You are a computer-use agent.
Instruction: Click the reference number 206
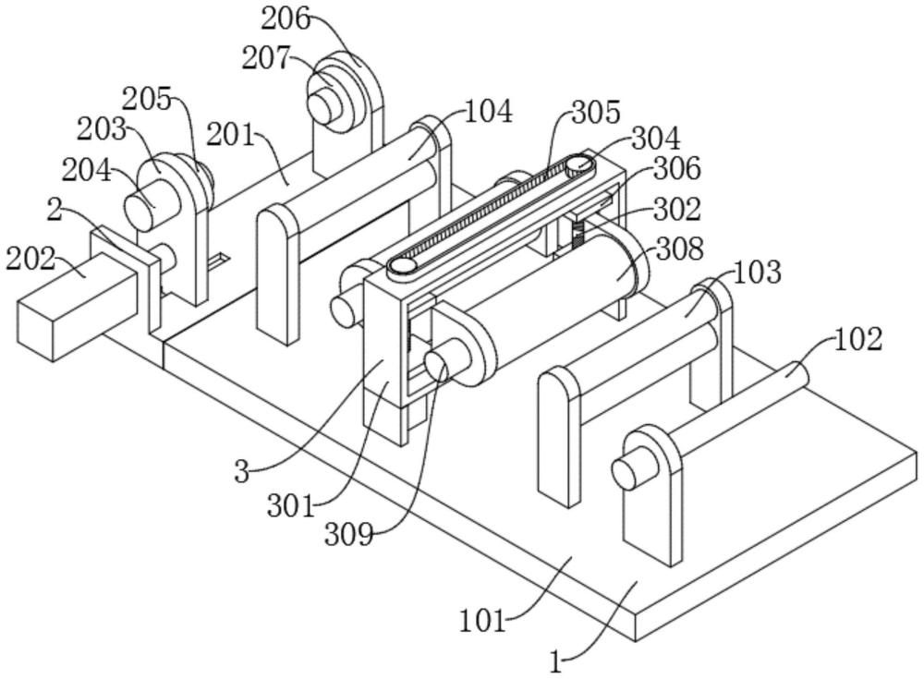[286, 19]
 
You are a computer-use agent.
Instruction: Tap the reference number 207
[265, 59]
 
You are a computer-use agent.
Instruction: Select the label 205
[147, 100]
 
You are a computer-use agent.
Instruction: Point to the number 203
[102, 129]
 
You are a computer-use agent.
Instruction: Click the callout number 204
[86, 172]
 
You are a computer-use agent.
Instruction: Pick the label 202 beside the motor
[30, 259]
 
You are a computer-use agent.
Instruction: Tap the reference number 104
[489, 112]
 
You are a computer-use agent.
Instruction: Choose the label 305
[596, 112]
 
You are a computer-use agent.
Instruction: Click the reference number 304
[656, 139]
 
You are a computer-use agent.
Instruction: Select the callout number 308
[679, 249]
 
